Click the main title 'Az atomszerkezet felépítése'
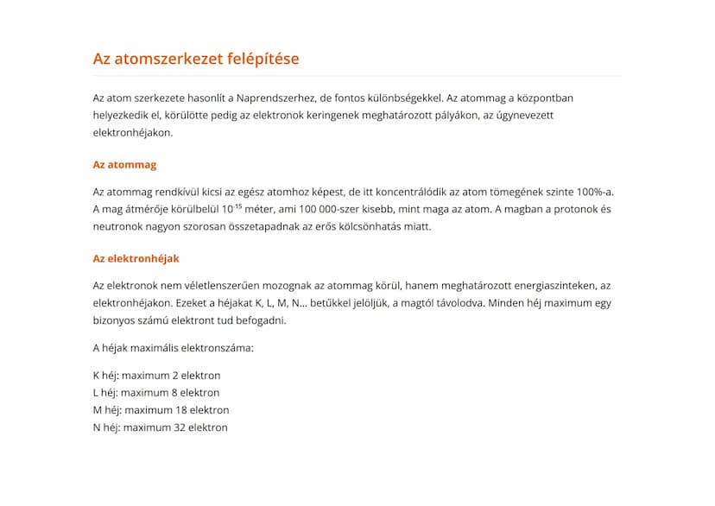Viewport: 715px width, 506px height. (x=196, y=59)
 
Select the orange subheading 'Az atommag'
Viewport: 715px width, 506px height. (x=124, y=164)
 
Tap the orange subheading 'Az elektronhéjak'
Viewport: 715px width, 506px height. (x=136, y=258)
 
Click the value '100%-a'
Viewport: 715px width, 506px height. (x=594, y=192)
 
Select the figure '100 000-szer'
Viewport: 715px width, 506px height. (x=326, y=209)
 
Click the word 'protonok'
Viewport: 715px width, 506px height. (x=566, y=209)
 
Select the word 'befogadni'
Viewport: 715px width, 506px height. (x=257, y=320)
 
